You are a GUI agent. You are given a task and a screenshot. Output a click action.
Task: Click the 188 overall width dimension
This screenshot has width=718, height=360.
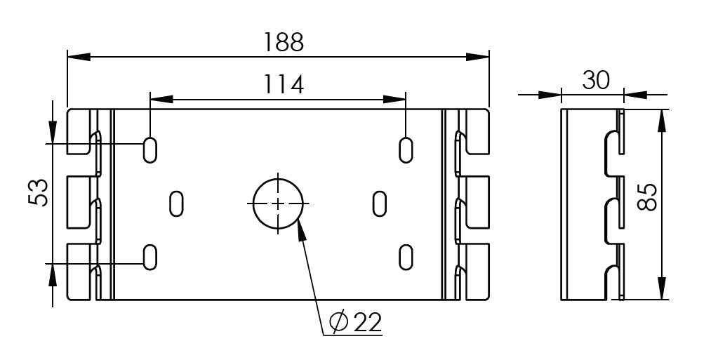point(284,42)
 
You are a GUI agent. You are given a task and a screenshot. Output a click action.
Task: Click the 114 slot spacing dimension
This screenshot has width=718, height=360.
point(284,84)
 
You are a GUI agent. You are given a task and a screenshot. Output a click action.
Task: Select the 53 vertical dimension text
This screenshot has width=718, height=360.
point(39,193)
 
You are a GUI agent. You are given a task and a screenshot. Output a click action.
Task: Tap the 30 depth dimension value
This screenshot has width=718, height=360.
point(596,81)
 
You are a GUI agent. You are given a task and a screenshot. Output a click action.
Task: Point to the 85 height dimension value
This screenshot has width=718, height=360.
point(647,197)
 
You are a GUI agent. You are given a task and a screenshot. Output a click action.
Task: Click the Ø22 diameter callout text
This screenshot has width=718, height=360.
point(356,323)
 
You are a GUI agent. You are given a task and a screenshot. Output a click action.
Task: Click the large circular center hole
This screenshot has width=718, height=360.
point(278,204)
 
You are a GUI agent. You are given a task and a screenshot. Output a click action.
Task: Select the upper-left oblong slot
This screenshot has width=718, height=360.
point(150,149)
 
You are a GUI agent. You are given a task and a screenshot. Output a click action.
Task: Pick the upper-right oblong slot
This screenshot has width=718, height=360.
point(406,149)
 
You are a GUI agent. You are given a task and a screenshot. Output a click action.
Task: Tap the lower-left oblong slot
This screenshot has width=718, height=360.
point(150,257)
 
